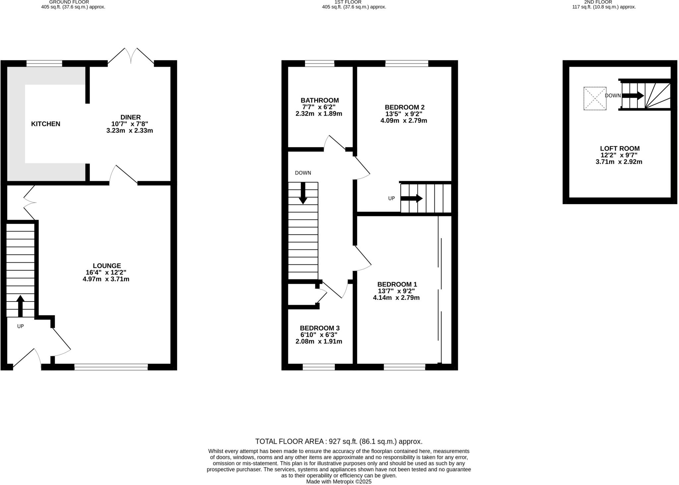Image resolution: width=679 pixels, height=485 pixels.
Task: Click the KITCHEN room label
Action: tap(46, 124)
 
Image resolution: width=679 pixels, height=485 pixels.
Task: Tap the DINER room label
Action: tap(130, 117)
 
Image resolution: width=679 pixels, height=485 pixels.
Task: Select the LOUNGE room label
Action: tap(107, 266)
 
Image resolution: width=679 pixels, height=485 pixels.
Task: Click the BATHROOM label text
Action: tap(320, 100)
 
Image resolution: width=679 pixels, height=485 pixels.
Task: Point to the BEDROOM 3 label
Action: tap(320, 328)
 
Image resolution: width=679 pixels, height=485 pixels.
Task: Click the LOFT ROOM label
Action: tap(620, 149)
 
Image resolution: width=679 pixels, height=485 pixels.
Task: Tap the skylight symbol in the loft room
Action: tap(595, 98)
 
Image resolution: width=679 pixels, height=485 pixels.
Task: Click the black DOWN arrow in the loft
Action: tap(633, 96)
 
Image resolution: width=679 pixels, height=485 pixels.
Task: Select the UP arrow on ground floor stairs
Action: tap(20, 305)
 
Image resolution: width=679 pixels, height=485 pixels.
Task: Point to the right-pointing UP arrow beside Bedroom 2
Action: tap(411, 198)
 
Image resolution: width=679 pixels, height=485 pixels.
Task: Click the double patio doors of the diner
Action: tap(131, 56)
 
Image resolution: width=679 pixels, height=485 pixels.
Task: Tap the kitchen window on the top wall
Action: tap(44, 63)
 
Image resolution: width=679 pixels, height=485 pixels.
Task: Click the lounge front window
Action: tap(111, 367)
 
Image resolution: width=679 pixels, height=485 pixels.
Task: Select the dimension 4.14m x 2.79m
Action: tap(396, 298)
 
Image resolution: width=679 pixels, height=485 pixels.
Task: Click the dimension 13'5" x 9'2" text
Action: tap(404, 114)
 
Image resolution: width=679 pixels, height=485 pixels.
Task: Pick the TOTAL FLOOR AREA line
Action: tap(339, 441)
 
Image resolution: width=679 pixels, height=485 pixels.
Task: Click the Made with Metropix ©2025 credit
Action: tap(339, 482)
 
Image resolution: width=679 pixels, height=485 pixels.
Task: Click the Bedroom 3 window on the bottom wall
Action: tap(319, 367)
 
